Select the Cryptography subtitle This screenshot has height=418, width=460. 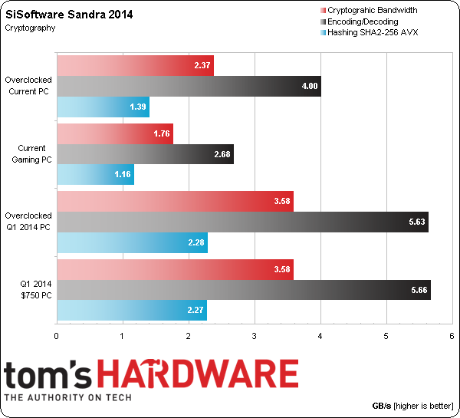[30, 28]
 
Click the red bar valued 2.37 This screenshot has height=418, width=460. [135, 66]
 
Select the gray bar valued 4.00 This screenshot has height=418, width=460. [189, 87]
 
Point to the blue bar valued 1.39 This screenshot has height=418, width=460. [103, 107]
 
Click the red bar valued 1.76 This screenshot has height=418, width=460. [115, 134]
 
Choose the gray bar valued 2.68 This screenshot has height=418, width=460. [145, 155]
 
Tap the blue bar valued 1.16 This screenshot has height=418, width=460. [95, 175]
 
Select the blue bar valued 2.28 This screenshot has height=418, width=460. [132, 243]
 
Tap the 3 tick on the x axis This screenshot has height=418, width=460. [255, 337]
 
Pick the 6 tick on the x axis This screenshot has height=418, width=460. [452, 337]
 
